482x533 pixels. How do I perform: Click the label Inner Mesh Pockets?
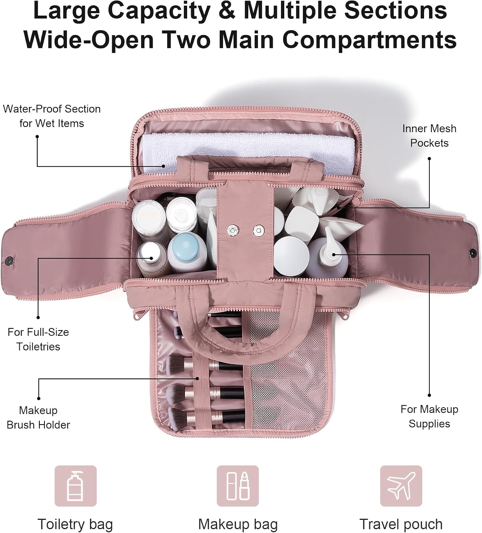(429, 136)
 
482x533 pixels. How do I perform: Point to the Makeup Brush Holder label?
(38, 418)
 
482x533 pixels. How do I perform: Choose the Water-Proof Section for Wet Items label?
(52, 116)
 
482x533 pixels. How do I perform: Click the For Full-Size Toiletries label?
(38, 339)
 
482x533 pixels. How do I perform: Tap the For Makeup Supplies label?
(429, 416)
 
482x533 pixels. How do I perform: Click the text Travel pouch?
(401, 524)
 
